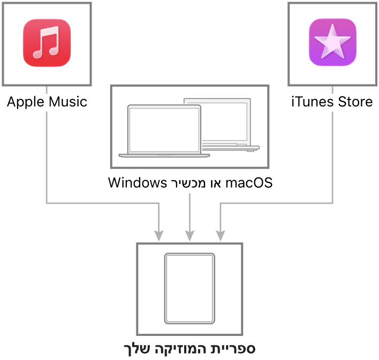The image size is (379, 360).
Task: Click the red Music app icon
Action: click(47, 43)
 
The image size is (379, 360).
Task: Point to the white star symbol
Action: click(332, 42)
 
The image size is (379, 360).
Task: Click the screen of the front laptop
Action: click(164, 129)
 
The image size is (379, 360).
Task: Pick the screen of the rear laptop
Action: click(225, 120)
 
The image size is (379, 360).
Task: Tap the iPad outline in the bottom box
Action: click(189, 288)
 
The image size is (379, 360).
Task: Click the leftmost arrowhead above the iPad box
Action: click(158, 236)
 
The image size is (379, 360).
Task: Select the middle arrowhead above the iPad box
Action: click(189, 236)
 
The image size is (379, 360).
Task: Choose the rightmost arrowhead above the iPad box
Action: click(221, 236)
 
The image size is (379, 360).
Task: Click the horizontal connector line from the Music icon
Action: click(102, 203)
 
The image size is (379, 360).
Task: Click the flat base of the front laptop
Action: click(164, 156)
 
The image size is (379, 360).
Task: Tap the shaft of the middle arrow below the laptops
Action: click(189, 211)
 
